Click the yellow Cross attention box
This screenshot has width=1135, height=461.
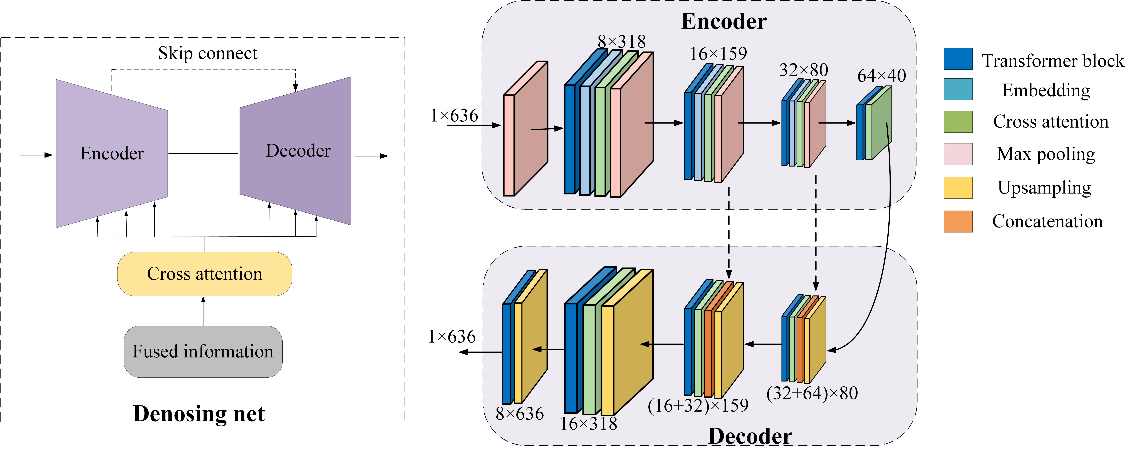click(x=205, y=274)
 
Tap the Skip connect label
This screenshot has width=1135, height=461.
click(x=208, y=53)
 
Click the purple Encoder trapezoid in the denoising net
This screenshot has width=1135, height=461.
click(x=112, y=153)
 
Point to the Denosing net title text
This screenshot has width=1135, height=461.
click(x=199, y=414)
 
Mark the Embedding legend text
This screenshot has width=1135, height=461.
click(x=1046, y=90)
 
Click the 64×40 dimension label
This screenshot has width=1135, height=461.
click(x=881, y=76)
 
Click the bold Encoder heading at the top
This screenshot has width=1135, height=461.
click(x=724, y=21)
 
